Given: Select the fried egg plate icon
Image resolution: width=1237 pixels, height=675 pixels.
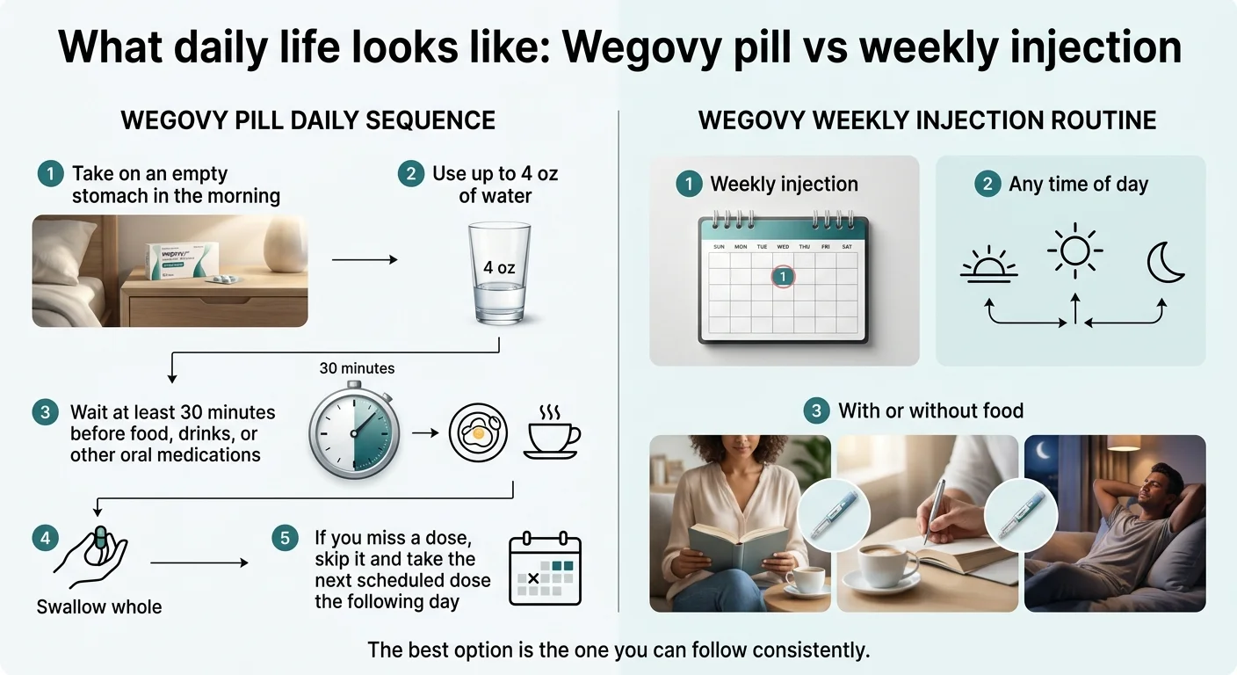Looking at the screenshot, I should (x=478, y=433).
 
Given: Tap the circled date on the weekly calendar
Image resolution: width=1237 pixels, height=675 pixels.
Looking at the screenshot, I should (x=783, y=277).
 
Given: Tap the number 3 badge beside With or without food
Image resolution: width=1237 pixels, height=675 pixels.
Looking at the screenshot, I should (x=817, y=410).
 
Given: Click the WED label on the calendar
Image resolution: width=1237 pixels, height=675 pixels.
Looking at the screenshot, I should (x=782, y=247).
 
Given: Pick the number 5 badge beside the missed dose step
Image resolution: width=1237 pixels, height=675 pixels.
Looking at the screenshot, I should (x=284, y=538).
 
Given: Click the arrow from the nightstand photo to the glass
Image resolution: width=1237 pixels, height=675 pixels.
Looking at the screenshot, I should (x=364, y=259).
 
